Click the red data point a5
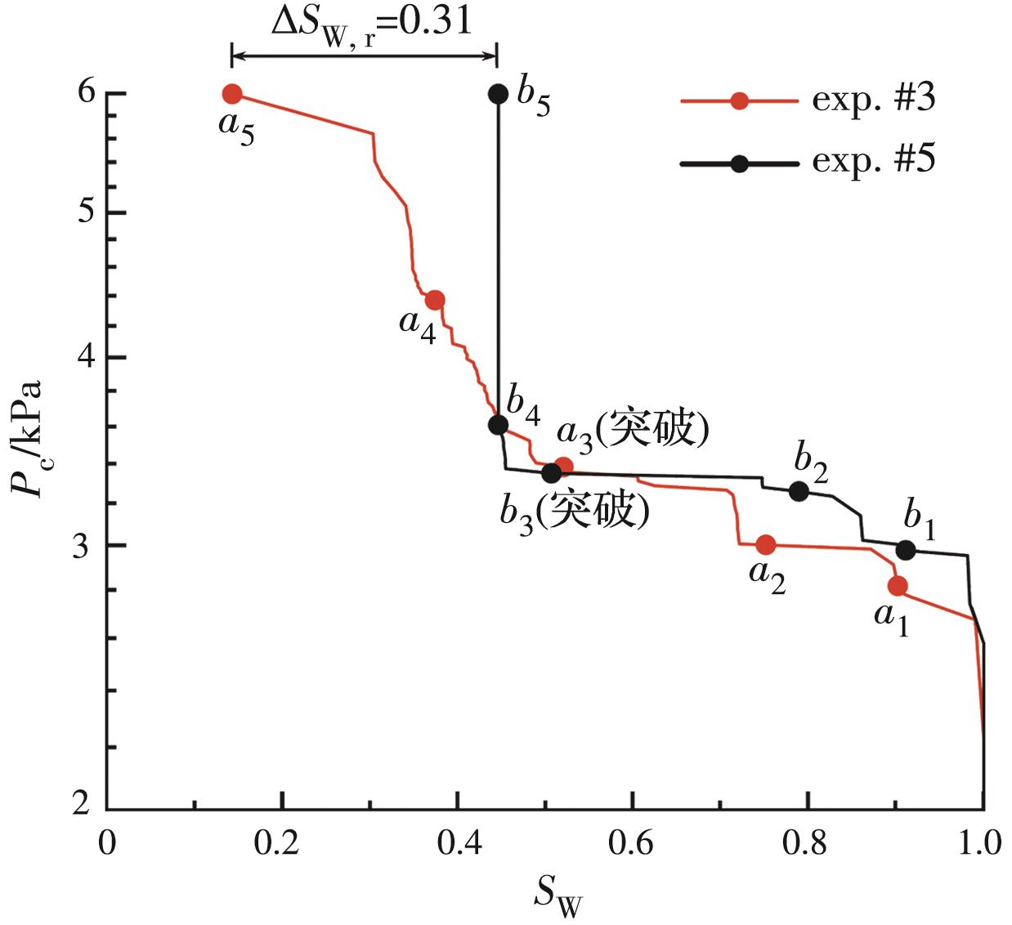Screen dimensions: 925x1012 tap(232, 94)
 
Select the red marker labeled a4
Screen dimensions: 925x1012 tap(435, 300)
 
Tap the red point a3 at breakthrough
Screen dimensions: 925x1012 tap(563, 467)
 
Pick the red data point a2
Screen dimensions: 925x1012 tap(766, 544)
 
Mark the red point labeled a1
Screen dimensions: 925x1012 tap(898, 586)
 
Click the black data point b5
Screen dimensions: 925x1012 tap(498, 94)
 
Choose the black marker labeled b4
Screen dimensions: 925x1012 tap(498, 425)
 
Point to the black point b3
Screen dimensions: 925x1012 tap(551, 472)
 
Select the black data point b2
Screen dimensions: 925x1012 tap(799, 491)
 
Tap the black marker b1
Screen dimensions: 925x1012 tap(906, 551)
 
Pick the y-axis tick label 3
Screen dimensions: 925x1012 tap(82, 546)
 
